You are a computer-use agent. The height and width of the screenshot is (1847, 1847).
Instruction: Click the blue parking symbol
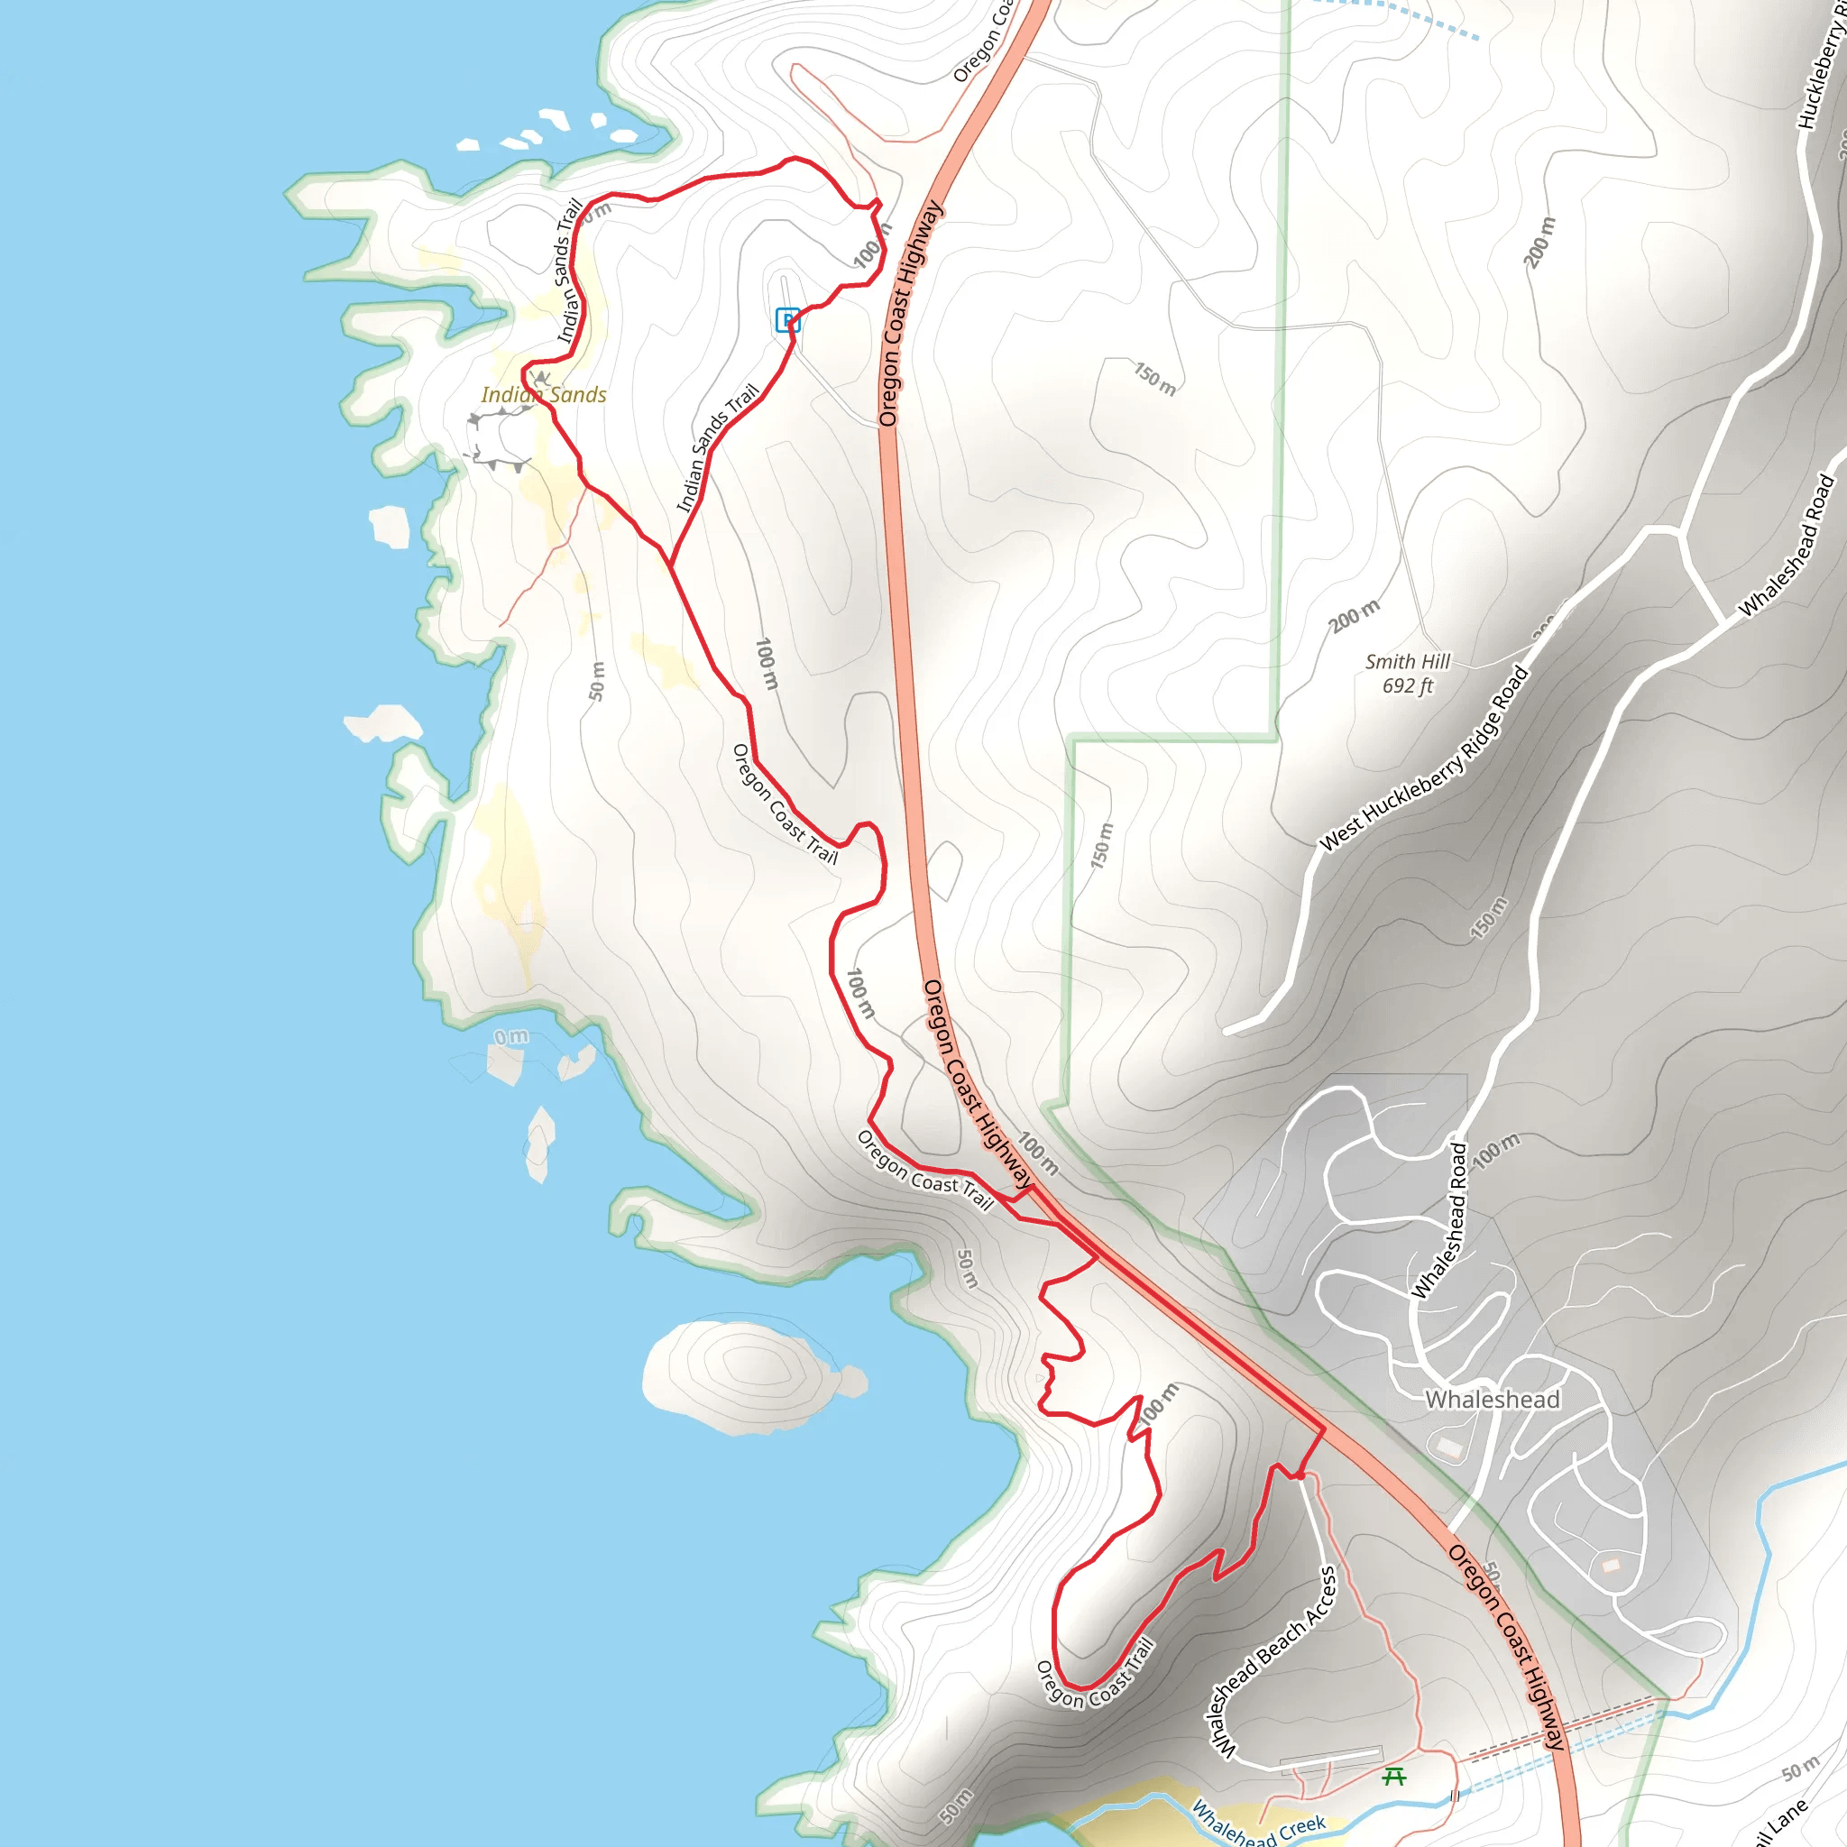click(x=786, y=319)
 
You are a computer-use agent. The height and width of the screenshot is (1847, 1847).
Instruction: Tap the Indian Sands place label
click(x=543, y=395)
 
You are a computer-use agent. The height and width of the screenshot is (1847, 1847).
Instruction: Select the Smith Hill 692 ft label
click(x=1406, y=673)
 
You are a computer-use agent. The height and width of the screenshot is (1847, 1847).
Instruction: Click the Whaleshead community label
click(x=1493, y=1400)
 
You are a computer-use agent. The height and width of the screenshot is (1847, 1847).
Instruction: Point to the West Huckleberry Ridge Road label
click(x=1424, y=758)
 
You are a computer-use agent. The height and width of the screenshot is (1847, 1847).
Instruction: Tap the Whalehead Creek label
click(x=1258, y=1823)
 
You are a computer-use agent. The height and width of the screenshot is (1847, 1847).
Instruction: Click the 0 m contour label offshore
click(x=511, y=1036)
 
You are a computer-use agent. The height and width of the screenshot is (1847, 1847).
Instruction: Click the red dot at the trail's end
click(x=1300, y=1475)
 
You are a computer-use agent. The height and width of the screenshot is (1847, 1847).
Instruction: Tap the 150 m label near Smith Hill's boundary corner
click(x=1101, y=845)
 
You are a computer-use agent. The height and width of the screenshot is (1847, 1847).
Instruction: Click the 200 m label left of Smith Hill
click(x=1354, y=616)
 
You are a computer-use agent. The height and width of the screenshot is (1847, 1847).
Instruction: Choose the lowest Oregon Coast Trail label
click(x=1096, y=1673)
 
